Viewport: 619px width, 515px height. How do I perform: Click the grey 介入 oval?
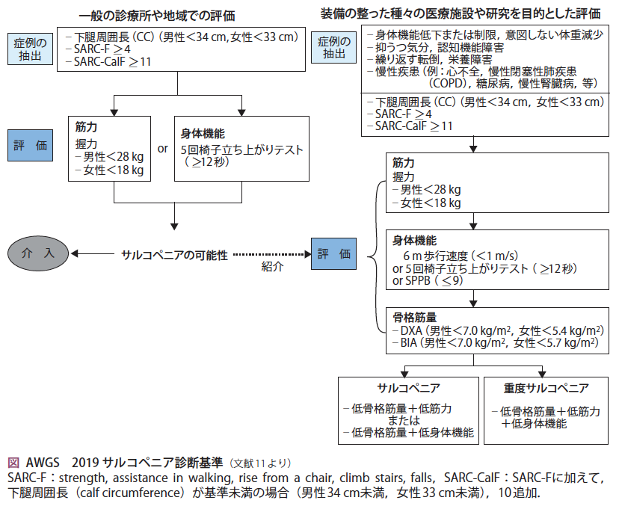click(x=37, y=254)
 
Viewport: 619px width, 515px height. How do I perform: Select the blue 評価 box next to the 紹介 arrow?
click(x=334, y=254)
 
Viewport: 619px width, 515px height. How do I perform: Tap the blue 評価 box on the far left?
click(x=31, y=147)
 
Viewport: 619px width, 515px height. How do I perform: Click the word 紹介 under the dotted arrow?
click(x=272, y=267)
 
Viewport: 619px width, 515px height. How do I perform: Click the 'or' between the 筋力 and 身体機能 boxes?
click(x=162, y=148)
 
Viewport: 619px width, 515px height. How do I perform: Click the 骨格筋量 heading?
click(x=410, y=315)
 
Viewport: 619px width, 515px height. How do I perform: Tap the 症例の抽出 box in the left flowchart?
click(x=31, y=49)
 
